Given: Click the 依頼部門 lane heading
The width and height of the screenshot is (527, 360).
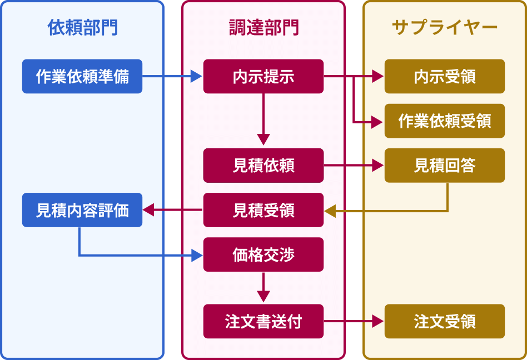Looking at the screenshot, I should point(82,28).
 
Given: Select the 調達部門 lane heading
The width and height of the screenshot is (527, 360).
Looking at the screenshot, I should point(263,28).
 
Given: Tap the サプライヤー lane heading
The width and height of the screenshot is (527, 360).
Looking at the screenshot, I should point(445,28).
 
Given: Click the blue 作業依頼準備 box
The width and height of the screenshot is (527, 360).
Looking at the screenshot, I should point(82,76).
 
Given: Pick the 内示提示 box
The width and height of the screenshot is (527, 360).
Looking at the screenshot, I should point(263,76).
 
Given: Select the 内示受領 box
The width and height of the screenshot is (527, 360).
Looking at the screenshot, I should point(445,76).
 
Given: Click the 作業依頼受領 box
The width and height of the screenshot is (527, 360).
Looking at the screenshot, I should point(445,121).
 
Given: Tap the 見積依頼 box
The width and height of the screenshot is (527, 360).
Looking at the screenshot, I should point(263,165).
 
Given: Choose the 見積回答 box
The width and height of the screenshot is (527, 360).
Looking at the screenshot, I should point(445,165).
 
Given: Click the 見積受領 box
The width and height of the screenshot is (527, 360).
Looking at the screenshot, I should point(263,210).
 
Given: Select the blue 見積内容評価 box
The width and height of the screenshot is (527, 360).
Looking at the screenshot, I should point(82,210).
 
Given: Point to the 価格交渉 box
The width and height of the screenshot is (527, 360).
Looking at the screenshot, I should point(263,254).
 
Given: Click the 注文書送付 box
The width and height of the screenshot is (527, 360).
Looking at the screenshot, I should point(263,321).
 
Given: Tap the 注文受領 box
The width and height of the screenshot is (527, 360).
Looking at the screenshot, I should point(445,321).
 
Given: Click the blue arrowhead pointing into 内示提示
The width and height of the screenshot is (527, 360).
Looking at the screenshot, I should point(196,76).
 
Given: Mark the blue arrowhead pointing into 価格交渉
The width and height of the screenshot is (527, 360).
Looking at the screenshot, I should point(196,256).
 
